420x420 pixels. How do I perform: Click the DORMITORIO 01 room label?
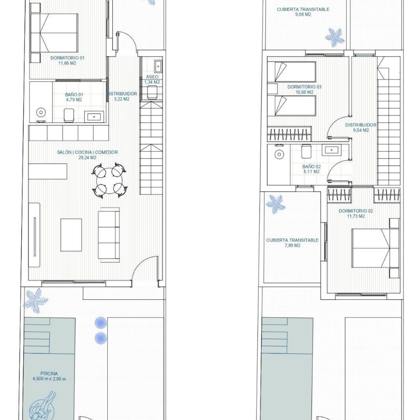[67, 58]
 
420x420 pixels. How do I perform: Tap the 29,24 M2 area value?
[87, 158]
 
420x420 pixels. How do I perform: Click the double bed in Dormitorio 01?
[54, 33]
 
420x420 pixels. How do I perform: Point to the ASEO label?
[152, 77]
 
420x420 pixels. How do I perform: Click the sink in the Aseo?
[158, 66]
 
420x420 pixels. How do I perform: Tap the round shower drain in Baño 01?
[41, 112]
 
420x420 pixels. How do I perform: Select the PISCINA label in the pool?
[49, 374]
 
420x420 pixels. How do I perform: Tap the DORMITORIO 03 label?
[304, 87]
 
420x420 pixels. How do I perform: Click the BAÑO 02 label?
[311, 167]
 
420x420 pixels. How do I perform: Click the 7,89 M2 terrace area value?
[292, 246]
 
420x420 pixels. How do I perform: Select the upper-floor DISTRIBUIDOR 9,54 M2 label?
[361, 128]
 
